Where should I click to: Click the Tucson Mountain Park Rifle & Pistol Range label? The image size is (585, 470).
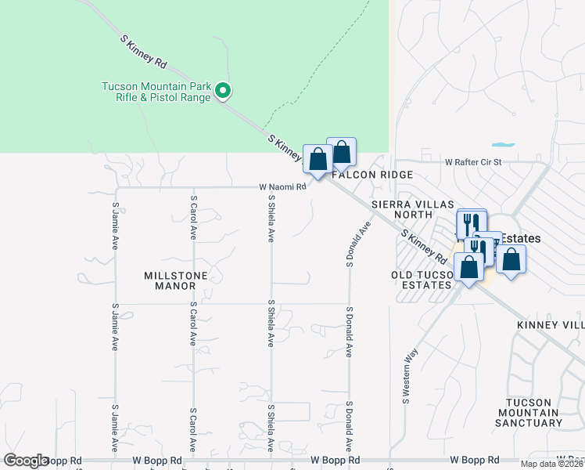point(156,92)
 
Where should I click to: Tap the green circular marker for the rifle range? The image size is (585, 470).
point(223,92)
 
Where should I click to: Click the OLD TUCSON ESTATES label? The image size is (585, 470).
point(422,280)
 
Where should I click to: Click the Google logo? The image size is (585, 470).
point(25,461)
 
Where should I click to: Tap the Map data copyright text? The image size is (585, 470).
point(552,464)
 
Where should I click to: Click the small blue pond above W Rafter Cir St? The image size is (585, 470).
point(503,145)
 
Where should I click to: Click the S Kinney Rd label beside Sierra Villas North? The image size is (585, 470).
point(423,246)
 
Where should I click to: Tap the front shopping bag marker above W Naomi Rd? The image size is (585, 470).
point(318,160)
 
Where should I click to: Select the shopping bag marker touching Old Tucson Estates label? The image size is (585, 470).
point(468,267)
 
